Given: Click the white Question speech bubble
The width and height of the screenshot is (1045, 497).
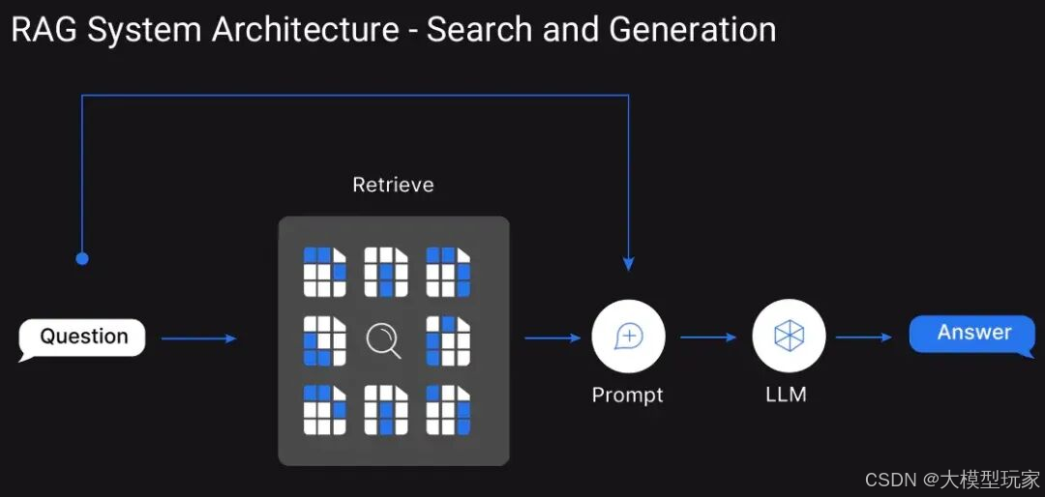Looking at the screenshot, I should [x=83, y=337].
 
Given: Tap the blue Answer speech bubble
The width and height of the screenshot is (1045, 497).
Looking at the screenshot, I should [x=972, y=334].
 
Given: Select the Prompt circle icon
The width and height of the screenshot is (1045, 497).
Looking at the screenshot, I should [x=629, y=336].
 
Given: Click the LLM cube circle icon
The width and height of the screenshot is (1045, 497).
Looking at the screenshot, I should [x=789, y=336].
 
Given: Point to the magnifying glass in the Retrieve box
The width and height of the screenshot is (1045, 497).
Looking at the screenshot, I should [x=384, y=340].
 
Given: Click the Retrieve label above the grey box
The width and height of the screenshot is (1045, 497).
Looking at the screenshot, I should [x=393, y=185].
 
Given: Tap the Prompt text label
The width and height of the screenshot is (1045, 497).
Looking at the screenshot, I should [x=628, y=395].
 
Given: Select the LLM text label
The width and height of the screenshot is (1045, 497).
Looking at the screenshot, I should [x=786, y=395].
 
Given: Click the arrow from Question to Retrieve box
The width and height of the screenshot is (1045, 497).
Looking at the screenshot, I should [x=198, y=338].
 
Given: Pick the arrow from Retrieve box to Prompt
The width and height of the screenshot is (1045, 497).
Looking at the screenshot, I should [x=552, y=338].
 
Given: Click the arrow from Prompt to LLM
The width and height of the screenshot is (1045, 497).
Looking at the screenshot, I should [x=708, y=337].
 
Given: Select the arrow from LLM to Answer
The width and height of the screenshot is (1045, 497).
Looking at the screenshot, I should [x=864, y=337].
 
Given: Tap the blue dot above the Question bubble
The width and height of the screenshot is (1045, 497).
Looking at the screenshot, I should [x=82, y=258].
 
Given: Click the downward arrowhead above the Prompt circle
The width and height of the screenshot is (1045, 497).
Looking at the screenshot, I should [x=629, y=263].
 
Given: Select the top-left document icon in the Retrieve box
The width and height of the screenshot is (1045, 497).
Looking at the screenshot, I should [x=324, y=272].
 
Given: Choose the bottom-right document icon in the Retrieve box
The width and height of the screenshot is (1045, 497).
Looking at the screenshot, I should [x=448, y=410].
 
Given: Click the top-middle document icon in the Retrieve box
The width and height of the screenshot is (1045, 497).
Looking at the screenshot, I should [x=386, y=272].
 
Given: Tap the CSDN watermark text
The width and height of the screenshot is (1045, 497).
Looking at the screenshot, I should [x=889, y=480].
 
